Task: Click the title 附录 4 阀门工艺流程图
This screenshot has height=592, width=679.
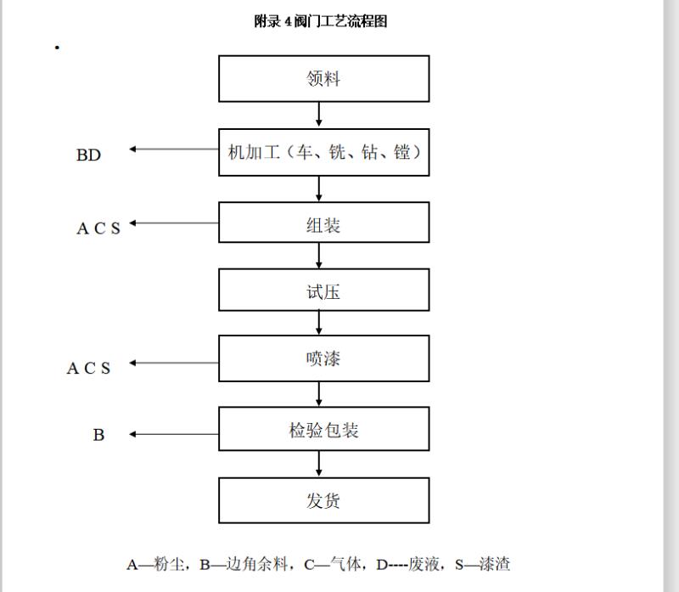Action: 321,20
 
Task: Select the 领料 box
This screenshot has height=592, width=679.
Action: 324,79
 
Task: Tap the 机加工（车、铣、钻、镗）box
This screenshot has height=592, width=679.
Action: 324,152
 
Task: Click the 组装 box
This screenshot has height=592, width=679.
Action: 324,223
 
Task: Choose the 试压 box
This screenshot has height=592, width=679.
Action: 324,290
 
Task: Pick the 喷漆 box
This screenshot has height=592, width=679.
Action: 324,358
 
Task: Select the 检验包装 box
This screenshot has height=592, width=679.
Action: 324,429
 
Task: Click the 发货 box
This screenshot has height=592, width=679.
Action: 324,500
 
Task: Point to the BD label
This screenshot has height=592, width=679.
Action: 88,155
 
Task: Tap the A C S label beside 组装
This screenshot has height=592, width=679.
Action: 98,228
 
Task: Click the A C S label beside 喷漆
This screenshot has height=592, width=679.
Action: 88,368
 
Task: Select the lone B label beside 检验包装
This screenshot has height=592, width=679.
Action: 98,435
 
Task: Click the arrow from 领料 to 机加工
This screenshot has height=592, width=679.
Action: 319,115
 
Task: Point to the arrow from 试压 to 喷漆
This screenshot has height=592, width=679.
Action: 319,323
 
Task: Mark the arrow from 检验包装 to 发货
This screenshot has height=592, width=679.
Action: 319,464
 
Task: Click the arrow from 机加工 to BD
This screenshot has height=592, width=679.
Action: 174,149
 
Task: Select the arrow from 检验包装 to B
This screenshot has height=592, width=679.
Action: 174,434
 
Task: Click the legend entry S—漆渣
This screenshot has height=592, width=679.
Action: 482,564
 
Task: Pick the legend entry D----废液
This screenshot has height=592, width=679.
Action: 407,564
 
